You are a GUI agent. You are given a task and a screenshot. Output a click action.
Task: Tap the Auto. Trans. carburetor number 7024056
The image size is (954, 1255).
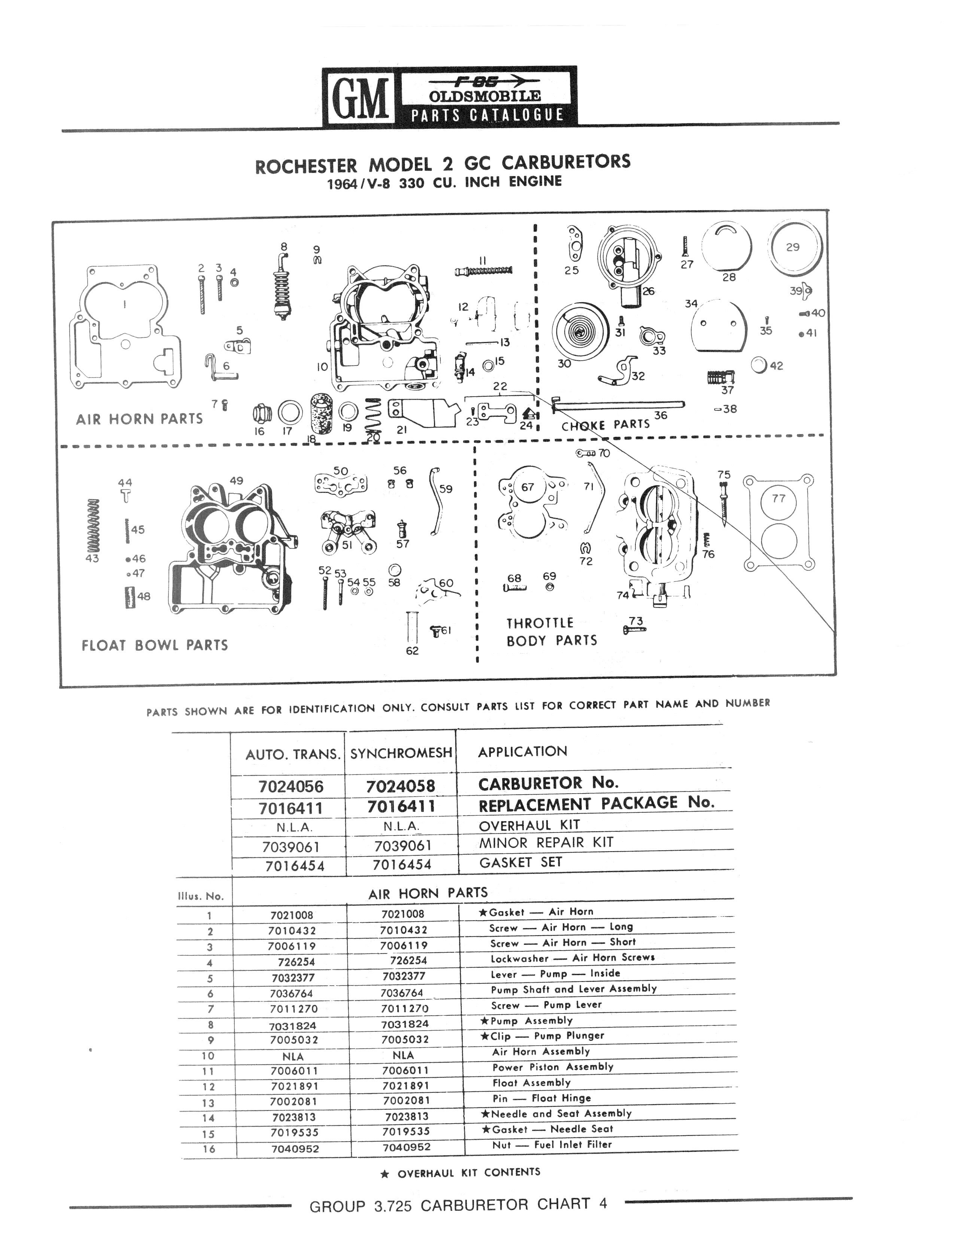(x=291, y=786)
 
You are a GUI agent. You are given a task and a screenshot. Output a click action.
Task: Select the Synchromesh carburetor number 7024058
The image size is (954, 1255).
(x=400, y=786)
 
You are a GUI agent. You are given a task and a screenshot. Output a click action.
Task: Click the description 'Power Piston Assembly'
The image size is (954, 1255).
(x=553, y=1067)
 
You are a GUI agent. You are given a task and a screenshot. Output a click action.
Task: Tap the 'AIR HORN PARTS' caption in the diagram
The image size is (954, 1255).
(x=139, y=419)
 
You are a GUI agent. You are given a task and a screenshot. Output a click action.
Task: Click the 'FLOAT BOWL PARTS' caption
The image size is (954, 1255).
(x=155, y=645)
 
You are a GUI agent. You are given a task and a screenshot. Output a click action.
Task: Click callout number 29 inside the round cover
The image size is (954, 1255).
(x=793, y=247)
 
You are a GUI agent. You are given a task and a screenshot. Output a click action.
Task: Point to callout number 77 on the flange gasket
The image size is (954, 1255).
(x=778, y=498)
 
